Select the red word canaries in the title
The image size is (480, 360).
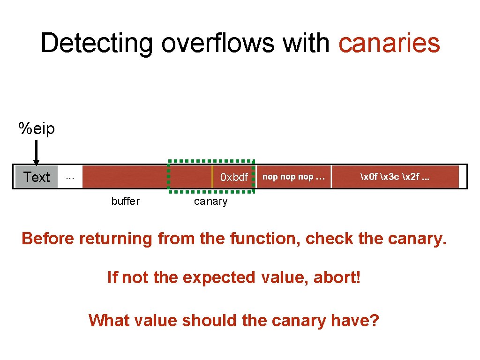(389, 43)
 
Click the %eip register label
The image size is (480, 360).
(37, 128)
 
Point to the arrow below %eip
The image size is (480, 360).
(37, 152)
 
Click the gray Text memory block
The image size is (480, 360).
(37, 177)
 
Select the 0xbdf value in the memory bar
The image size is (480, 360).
(234, 177)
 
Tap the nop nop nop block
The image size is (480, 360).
(293, 177)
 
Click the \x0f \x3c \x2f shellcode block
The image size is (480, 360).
(395, 177)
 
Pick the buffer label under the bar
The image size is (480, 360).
(125, 201)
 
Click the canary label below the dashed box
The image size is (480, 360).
(210, 202)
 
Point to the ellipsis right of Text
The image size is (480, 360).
(70, 177)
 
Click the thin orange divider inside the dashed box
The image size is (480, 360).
(212, 177)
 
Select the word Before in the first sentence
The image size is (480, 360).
(48, 239)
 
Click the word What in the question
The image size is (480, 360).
(106, 321)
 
